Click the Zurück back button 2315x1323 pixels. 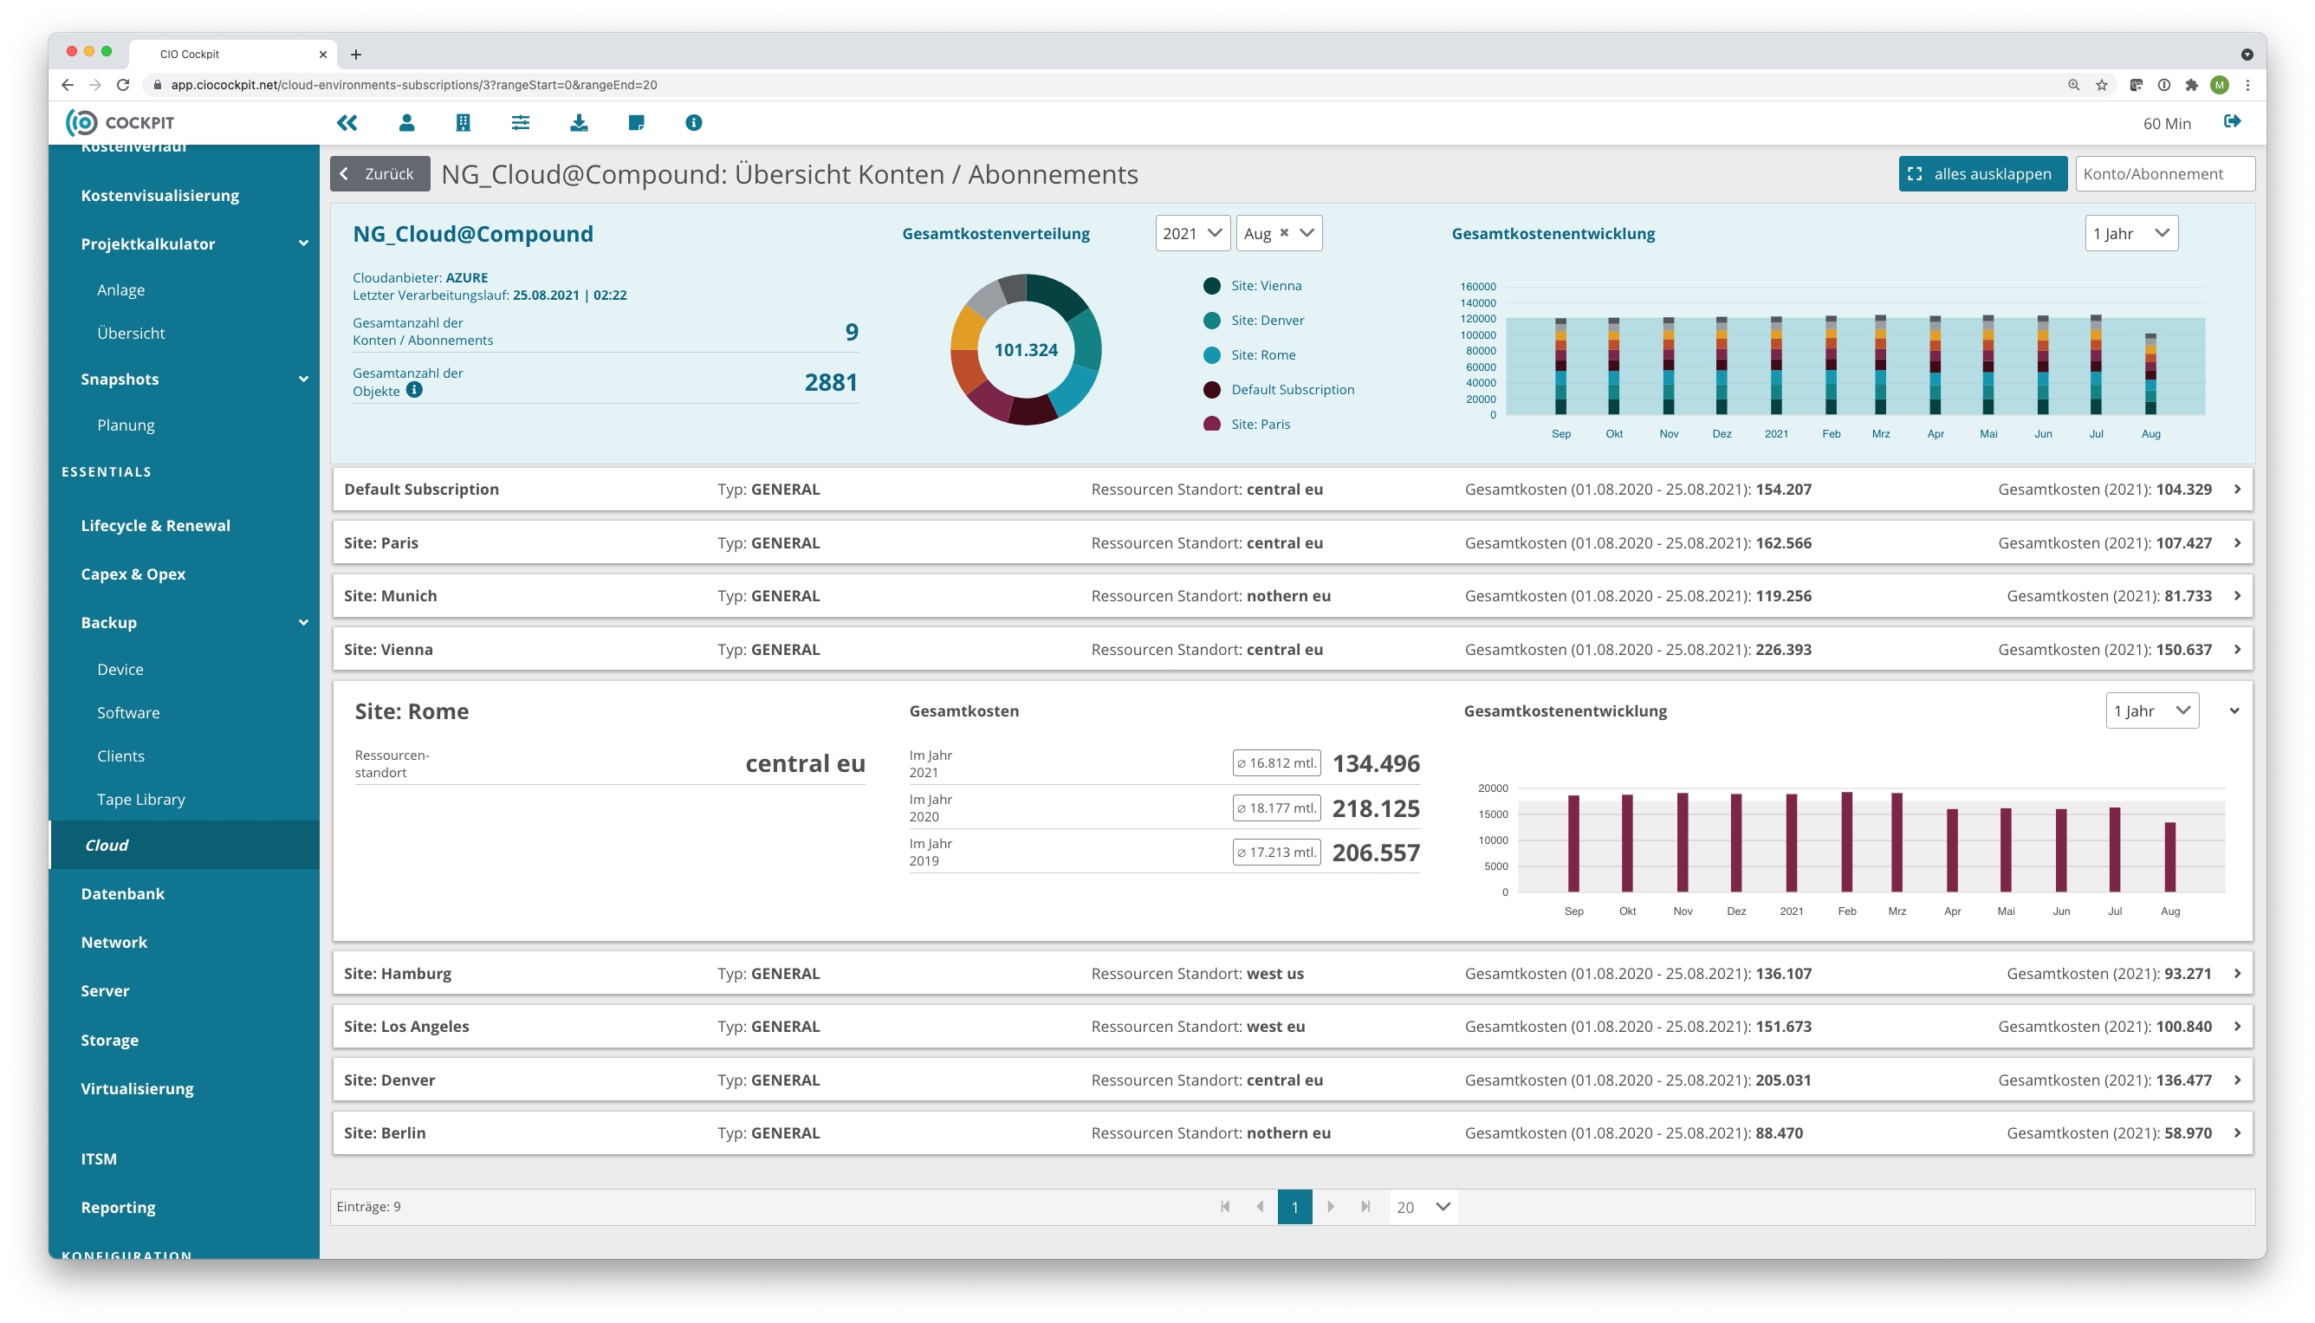pos(379,173)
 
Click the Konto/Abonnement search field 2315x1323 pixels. pos(2163,173)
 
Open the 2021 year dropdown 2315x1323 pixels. pos(1192,234)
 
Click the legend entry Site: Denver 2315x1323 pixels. pos(1267,320)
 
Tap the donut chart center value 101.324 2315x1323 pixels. pos(1025,350)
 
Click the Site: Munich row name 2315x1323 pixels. pos(390,596)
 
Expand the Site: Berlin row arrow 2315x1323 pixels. pos(2237,1133)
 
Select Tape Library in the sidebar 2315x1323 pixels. pos(141,800)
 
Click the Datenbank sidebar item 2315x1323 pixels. pos(123,893)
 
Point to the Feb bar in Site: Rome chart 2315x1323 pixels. pos(1846,842)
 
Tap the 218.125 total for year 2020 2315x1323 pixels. pos(1376,807)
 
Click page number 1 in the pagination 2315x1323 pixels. pos(1294,1207)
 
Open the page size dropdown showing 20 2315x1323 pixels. pos(1423,1207)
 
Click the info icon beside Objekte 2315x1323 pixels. pos(414,390)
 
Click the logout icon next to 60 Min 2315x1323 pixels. pos(2232,123)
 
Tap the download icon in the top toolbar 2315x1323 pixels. pos(579,123)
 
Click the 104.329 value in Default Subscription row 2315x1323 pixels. pos(2183,489)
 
